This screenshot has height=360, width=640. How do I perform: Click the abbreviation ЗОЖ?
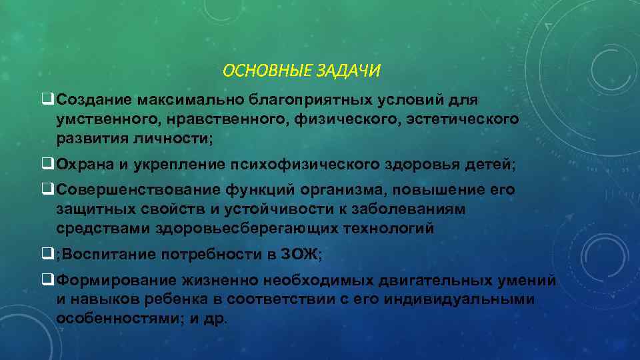303,253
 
